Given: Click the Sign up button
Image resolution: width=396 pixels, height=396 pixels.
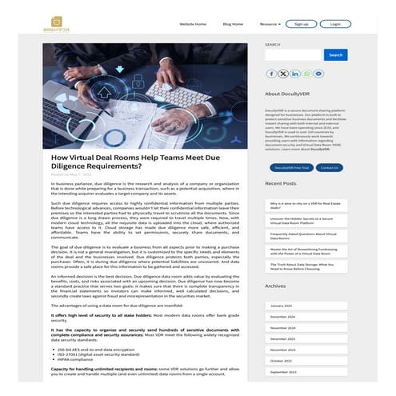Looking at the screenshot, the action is (x=302, y=24).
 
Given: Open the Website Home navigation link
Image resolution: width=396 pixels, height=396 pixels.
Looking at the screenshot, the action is (x=192, y=24).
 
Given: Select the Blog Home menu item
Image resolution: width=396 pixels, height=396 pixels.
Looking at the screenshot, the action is (x=233, y=24).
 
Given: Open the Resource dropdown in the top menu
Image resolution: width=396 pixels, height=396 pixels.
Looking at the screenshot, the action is (x=270, y=24).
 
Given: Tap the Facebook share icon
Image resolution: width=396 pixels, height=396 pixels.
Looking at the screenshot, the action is (x=272, y=74).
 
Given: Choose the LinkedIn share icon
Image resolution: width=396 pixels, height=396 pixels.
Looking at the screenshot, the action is (x=296, y=74).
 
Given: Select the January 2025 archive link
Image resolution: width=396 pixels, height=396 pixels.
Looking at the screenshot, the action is (x=281, y=306).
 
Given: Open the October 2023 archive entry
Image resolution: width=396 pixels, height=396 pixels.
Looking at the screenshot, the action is (x=281, y=360).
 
